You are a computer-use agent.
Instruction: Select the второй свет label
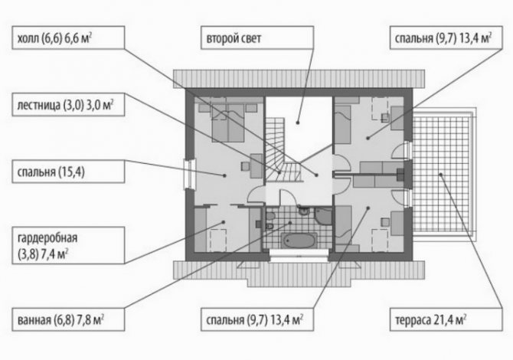[234, 38]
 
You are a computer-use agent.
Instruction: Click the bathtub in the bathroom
[299, 241]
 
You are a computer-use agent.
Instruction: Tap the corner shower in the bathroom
[324, 216]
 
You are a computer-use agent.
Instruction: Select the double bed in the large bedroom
[228, 123]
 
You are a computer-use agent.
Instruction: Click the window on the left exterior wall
[189, 174]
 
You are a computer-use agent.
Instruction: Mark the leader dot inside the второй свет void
[297, 123]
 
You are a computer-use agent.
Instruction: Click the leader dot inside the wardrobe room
[224, 222]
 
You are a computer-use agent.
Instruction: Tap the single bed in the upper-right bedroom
[343, 124]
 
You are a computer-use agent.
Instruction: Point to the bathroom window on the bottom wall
[299, 255]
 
